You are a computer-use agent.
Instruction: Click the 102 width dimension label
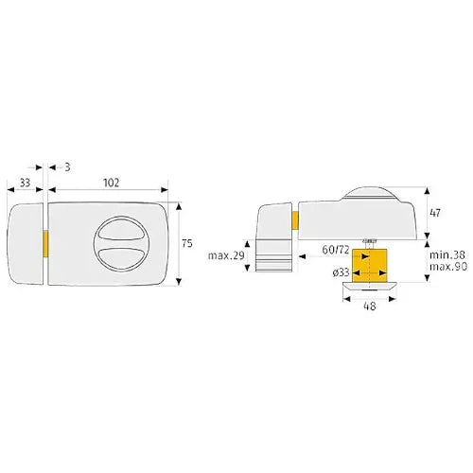pos(112,183)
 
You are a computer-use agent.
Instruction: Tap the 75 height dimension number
pos(187,243)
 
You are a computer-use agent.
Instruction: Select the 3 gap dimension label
pos(67,167)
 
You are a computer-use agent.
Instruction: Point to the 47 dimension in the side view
pos(435,213)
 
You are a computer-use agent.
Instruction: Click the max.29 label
pos(226,255)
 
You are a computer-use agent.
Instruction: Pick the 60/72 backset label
pos(335,250)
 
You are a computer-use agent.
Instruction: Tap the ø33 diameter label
pos(341,272)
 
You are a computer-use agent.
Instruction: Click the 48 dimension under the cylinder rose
pos(370,306)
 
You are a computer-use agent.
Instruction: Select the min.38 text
pos(448,255)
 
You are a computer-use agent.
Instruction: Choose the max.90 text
pos(448,267)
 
